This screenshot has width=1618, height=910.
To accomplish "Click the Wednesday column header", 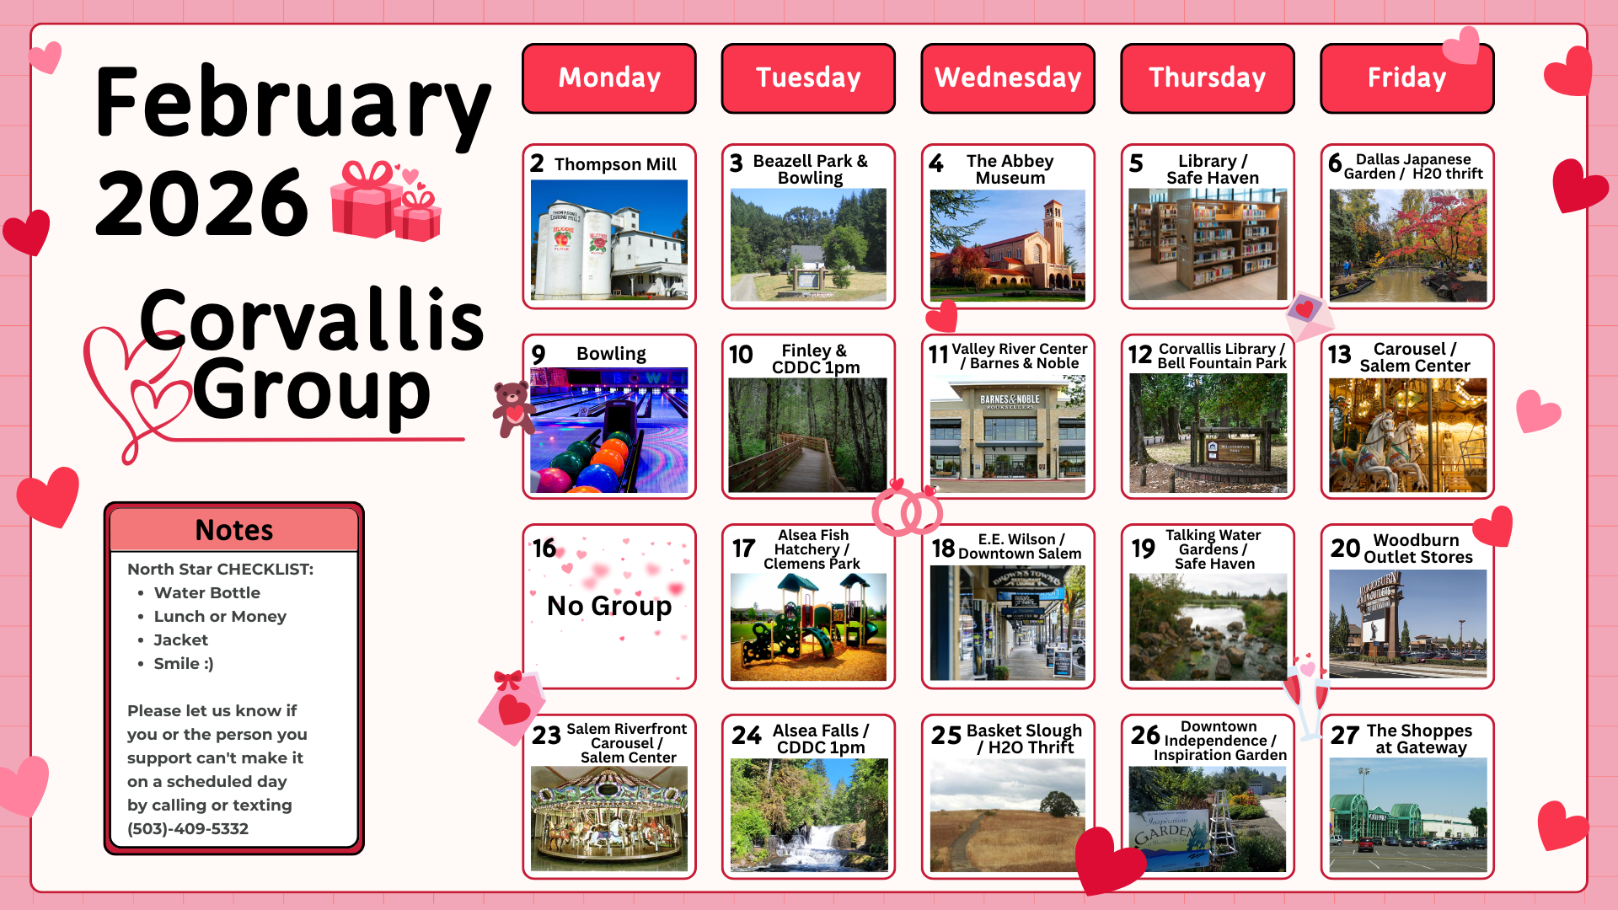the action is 1008,78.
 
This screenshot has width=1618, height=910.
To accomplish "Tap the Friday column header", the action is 1406,78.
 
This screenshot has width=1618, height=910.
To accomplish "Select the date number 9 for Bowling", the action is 538,355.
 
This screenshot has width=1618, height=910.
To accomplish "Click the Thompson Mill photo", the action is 609,239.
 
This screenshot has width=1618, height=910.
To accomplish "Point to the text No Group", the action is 609,605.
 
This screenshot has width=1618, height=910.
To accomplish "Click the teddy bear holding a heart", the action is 512,409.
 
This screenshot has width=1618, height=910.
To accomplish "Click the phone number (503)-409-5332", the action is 188,828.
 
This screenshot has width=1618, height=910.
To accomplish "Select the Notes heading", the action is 234,530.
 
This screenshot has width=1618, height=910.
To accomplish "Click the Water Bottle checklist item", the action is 207,592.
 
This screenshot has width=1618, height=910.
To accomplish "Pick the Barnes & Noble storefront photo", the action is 1008,434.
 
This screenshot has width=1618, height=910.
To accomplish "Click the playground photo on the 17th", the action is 808,627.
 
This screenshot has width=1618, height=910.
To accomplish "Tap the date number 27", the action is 1345,736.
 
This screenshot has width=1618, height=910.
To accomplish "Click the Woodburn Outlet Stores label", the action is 1417,549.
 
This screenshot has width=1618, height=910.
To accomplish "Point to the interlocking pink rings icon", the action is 908,508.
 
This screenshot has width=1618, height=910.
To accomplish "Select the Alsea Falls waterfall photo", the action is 809,815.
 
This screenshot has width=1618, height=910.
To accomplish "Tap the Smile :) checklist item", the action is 184,663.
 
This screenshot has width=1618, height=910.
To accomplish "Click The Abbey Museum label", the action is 1010,169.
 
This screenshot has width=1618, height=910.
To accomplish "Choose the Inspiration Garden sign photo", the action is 1208,819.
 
